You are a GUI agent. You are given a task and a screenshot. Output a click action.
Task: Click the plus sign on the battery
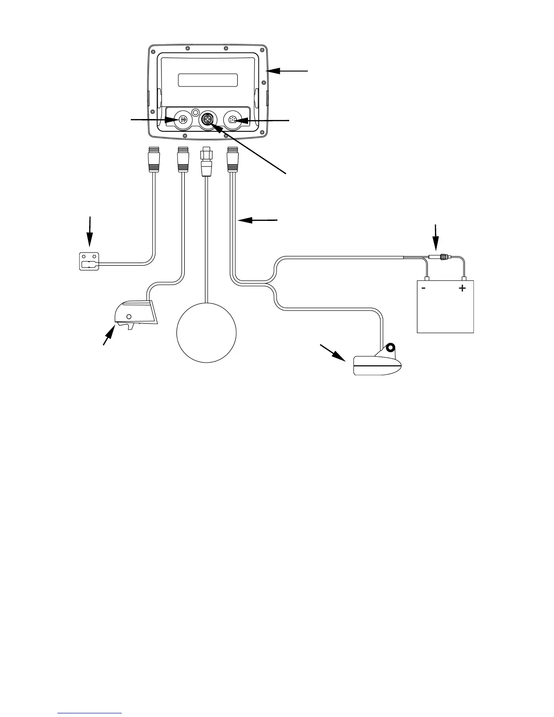[x=462, y=288]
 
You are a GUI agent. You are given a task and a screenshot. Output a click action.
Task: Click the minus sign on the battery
[x=423, y=288]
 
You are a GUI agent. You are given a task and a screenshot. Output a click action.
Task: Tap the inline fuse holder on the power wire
[x=438, y=258]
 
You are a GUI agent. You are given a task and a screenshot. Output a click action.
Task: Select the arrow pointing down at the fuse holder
[x=436, y=238]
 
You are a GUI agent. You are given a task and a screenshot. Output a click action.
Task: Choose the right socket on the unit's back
[x=234, y=120]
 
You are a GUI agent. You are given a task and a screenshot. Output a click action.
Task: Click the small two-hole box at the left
[x=89, y=262]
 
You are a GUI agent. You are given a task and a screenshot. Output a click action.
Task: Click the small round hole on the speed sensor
[x=129, y=316]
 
